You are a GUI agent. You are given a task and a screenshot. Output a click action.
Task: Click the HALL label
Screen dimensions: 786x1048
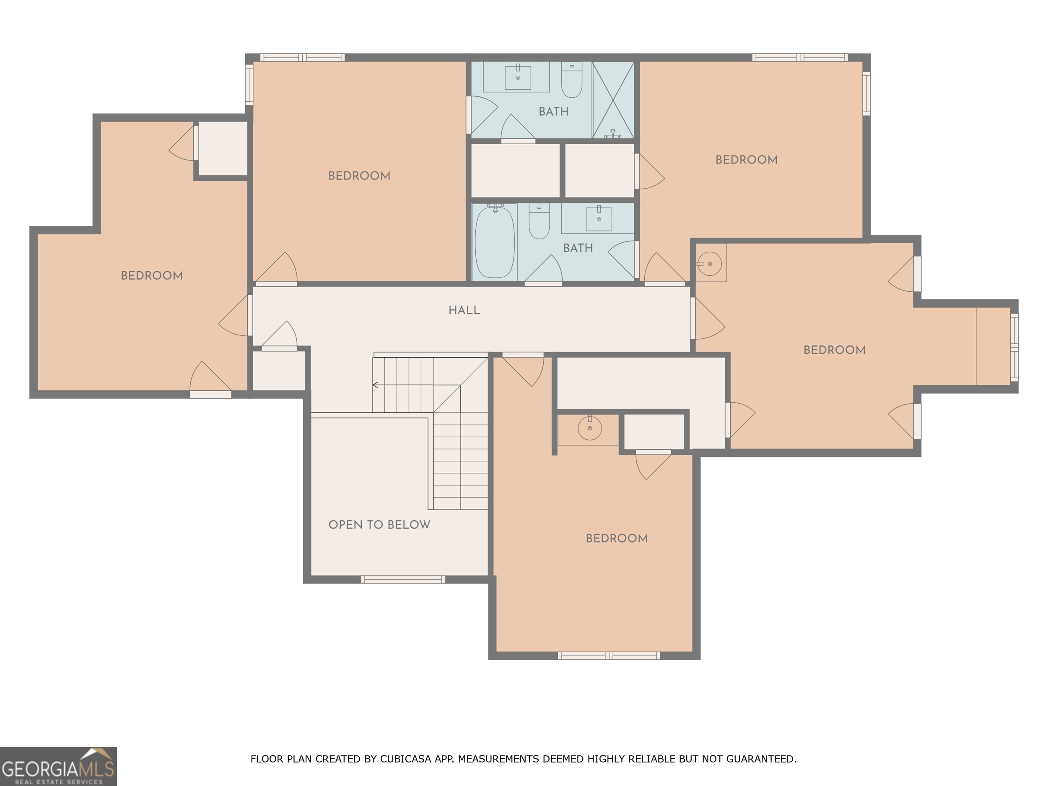464,310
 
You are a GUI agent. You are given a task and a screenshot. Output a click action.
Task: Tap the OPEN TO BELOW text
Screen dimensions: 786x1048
379,524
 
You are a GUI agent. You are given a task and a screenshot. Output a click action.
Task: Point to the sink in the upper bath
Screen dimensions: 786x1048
517,77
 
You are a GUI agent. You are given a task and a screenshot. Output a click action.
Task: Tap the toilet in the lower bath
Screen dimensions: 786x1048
539,222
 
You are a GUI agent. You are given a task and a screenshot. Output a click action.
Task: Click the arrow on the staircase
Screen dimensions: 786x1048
376,385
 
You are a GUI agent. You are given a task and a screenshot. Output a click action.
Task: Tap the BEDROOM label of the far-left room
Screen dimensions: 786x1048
152,276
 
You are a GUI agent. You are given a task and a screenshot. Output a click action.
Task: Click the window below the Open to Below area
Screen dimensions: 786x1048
403,579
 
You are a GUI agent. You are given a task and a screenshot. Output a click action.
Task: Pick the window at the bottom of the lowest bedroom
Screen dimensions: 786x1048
608,656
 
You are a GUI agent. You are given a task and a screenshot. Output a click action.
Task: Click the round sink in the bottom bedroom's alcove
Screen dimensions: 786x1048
589,428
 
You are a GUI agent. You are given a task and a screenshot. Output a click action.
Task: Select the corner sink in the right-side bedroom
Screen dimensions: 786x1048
710,263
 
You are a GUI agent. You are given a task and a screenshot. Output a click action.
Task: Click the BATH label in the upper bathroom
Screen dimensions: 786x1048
553,112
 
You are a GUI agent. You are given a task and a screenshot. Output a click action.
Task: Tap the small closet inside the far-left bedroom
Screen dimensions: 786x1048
223,149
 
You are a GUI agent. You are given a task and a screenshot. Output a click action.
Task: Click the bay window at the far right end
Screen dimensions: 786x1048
1014,347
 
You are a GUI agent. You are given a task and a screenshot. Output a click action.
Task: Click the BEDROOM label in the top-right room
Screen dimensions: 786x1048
746,160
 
